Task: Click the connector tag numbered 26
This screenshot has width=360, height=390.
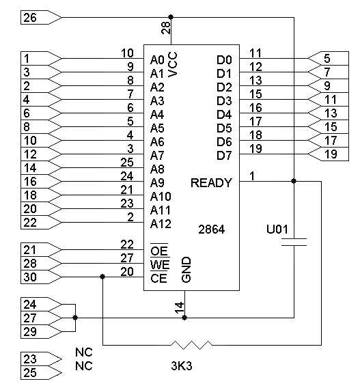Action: (x=41, y=17)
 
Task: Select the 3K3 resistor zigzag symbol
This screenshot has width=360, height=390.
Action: (x=191, y=345)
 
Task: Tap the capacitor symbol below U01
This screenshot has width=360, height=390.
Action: (x=294, y=242)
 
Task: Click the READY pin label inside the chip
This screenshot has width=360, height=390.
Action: (x=211, y=183)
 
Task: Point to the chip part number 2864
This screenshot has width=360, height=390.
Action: (x=212, y=229)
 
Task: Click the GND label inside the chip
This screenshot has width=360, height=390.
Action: (x=186, y=270)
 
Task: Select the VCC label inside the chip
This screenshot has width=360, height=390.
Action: (x=172, y=64)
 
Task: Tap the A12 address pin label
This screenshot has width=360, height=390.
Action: (x=161, y=224)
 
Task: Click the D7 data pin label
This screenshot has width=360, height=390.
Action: (x=224, y=156)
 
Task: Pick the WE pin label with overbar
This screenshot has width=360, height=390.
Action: (x=160, y=264)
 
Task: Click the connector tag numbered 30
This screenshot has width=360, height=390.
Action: (x=41, y=277)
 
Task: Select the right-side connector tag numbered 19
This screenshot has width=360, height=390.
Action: (x=329, y=154)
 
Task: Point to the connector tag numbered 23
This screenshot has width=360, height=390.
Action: (x=41, y=359)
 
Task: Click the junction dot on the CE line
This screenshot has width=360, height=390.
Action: (x=102, y=277)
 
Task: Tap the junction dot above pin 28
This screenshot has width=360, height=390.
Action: (x=171, y=17)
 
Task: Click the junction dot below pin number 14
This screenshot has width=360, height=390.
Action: (x=184, y=318)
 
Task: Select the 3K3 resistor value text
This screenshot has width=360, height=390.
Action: (x=182, y=366)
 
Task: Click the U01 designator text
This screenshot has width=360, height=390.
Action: (x=277, y=229)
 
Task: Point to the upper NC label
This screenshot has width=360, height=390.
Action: (x=84, y=352)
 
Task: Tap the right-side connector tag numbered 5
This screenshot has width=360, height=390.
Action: (x=329, y=59)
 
